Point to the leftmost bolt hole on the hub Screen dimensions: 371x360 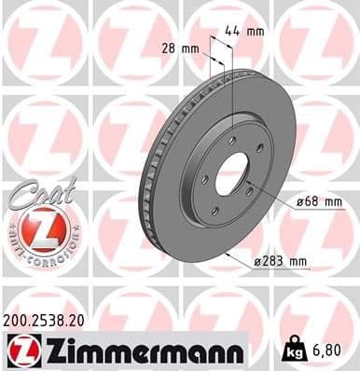tap(202, 178)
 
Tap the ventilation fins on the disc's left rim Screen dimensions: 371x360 tap(146, 177)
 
